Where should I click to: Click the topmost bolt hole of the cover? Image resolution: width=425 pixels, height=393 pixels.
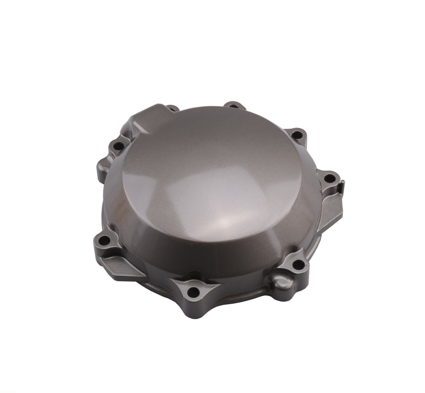click(233, 105)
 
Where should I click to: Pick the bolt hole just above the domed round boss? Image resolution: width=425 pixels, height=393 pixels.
click(297, 263)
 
